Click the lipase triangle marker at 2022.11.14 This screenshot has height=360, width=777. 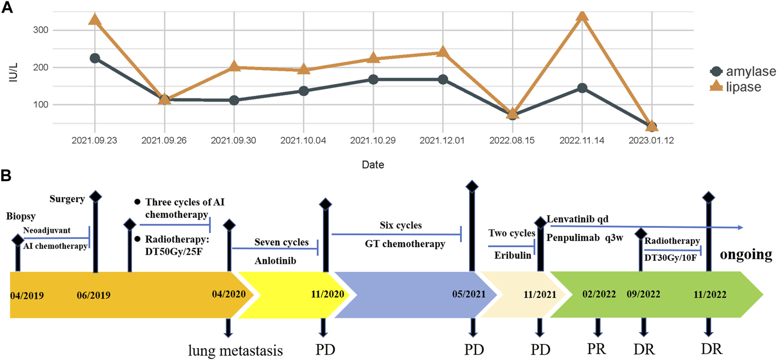point(582,16)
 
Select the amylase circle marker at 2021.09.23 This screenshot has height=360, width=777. point(95,58)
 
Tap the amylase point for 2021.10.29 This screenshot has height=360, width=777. point(373,79)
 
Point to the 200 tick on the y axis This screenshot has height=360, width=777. point(41,67)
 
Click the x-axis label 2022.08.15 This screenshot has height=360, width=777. point(512,140)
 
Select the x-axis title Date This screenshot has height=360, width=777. point(373,164)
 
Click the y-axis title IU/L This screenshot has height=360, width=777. point(14,72)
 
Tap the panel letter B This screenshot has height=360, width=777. point(6,175)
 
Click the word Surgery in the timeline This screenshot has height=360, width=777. point(67,199)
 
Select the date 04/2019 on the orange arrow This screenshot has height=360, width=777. point(27,296)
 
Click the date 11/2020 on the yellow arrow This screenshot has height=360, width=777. point(327,294)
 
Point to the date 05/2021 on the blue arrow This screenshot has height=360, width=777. point(469,294)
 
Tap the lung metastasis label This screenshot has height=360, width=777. point(235,350)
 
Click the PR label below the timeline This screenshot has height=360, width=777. point(596,349)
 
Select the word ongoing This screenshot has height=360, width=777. point(746,254)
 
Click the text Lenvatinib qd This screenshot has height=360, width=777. point(577,219)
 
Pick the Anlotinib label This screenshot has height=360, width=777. point(275,260)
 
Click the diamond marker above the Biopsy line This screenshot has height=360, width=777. point(18,240)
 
